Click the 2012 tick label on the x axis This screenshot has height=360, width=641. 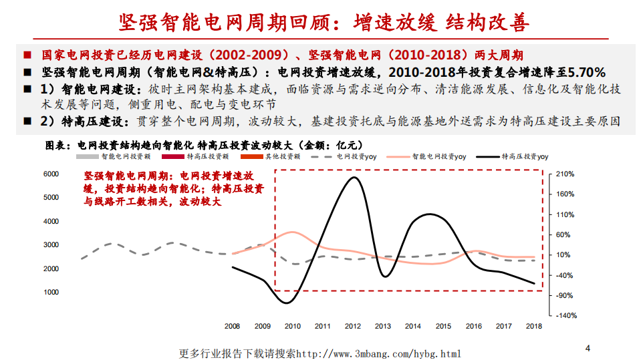click(x=353, y=326)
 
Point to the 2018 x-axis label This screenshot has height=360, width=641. click(x=534, y=326)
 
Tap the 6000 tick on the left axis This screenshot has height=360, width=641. click(x=51, y=174)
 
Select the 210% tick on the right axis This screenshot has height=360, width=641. click(x=565, y=174)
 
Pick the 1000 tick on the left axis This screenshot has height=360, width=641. click(x=51, y=293)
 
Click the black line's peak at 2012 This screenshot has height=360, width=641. click(x=353, y=177)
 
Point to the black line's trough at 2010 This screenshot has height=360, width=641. click(x=287, y=303)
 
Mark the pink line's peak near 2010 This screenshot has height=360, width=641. click(x=291, y=232)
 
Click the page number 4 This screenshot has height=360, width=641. click(x=588, y=348)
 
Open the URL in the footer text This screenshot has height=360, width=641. click(x=378, y=353)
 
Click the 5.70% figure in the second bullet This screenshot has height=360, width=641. click(x=583, y=71)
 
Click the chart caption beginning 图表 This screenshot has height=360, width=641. click(x=204, y=144)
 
